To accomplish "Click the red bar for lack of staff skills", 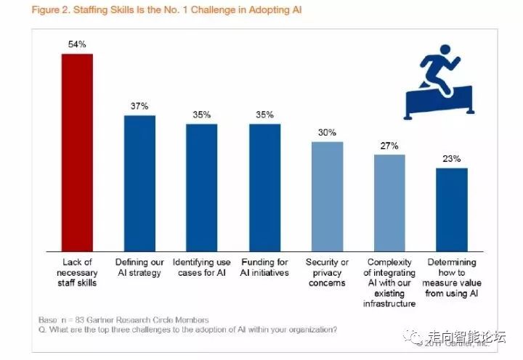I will click(76, 150).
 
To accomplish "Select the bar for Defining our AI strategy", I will click(139, 181).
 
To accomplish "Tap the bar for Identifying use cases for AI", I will click(202, 186).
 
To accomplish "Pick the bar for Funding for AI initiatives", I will click(264, 186).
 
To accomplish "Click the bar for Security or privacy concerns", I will click(327, 195).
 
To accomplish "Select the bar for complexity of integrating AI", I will click(389, 201).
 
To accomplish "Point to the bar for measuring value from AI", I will click(452, 208).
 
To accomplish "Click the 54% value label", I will click(76, 45).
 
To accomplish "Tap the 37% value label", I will click(139, 106).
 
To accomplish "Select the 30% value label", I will click(327, 132).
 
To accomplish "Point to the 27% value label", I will click(389, 145).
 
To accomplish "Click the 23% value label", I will click(452, 159).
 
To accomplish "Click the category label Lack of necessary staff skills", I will click(76, 272).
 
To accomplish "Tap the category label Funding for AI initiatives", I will click(264, 267).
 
